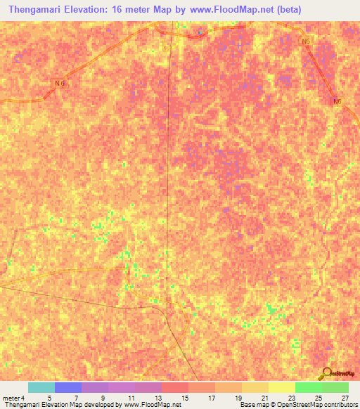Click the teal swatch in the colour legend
tap(41, 387)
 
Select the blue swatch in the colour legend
tap(67, 387)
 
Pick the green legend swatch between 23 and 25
tap(308, 387)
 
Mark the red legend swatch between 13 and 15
tap(174, 387)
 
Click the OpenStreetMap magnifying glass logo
tap(327, 373)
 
